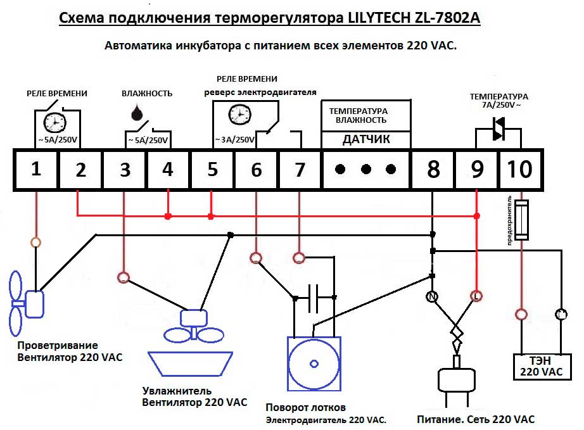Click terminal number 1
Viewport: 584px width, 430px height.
[36, 170]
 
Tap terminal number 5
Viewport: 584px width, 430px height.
[212, 170]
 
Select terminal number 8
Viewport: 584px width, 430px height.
[433, 170]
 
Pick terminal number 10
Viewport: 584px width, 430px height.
[520, 170]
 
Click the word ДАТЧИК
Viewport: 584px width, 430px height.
[366, 139]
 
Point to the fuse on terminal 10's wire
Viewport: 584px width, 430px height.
[521, 219]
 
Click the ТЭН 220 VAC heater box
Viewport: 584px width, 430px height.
[541, 366]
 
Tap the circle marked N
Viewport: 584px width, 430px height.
[433, 296]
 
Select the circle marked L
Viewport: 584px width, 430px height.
[476, 296]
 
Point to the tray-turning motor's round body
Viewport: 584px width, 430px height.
[314, 364]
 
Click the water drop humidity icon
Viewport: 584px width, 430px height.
[136, 112]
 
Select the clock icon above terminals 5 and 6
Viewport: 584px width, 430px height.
[238, 114]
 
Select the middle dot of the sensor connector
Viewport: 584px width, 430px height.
[366, 169]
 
